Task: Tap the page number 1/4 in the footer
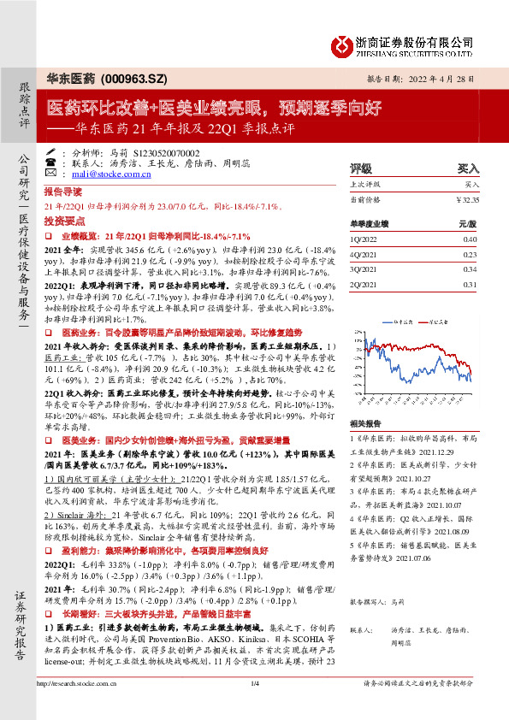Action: click(254, 706)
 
